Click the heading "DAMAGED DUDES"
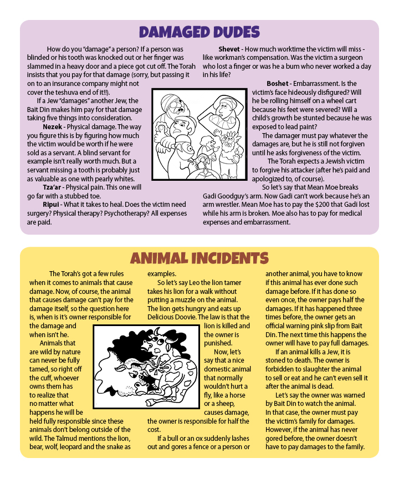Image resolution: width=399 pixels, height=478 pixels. click(x=199, y=32)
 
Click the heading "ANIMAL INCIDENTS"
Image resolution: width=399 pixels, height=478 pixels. click(x=199, y=258)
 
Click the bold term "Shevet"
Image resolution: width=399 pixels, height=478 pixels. click(x=229, y=49)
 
